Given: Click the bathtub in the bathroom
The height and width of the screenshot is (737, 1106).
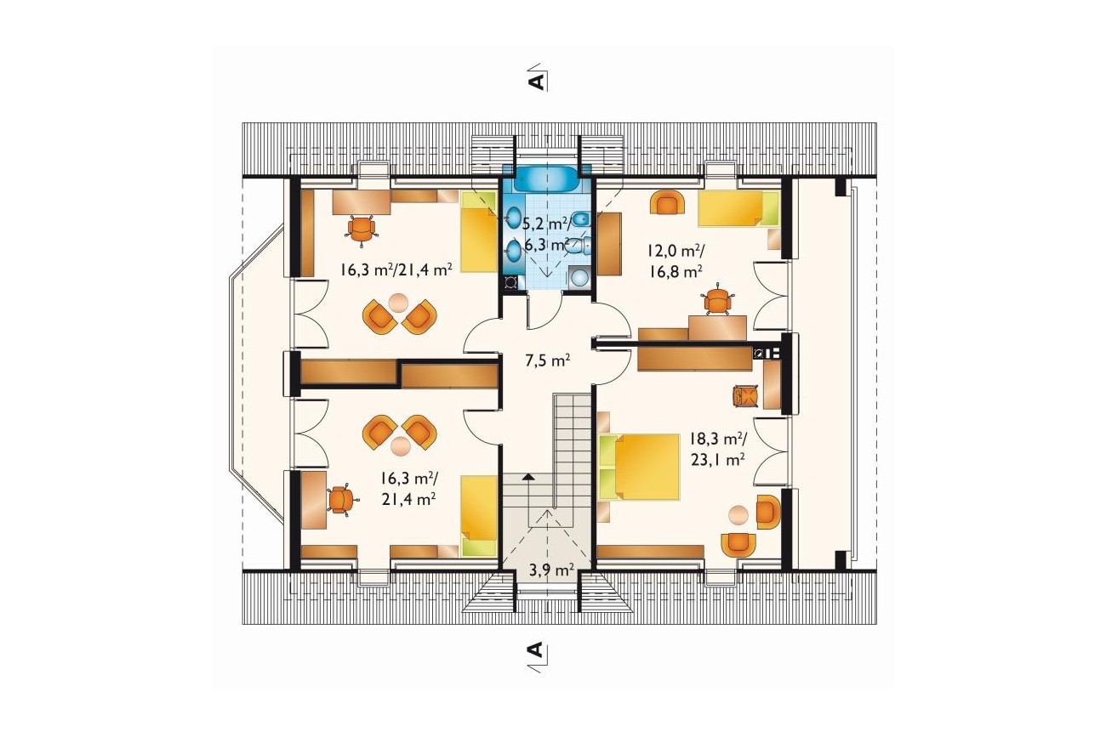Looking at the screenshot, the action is (547, 179).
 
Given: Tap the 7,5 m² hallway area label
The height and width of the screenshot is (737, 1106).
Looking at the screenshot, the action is (548, 361).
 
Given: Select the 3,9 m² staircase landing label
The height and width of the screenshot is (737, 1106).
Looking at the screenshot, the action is (551, 570).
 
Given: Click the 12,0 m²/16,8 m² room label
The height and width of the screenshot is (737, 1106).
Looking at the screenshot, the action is (676, 261).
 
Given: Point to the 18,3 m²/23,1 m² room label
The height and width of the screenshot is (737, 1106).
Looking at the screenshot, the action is (718, 450).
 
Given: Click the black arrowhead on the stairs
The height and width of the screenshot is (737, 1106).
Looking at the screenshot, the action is (528, 477).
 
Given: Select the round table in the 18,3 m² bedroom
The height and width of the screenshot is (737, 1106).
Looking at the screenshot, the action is (738, 514).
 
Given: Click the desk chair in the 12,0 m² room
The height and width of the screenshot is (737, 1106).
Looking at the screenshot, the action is (717, 299).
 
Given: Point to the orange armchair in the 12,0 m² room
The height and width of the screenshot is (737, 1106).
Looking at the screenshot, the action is (668, 203).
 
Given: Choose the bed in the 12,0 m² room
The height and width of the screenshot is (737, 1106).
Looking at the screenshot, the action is (738, 208).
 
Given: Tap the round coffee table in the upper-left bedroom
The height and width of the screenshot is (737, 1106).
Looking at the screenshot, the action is (398, 303).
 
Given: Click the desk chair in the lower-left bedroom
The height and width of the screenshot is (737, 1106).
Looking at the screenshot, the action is (340, 499).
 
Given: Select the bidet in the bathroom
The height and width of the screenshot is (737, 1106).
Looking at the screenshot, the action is (580, 218).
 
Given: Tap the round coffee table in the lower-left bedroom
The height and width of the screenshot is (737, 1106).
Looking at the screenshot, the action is (400, 446).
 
